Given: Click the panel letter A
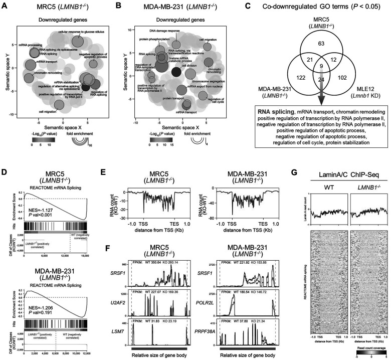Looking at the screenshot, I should click(6, 6).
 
